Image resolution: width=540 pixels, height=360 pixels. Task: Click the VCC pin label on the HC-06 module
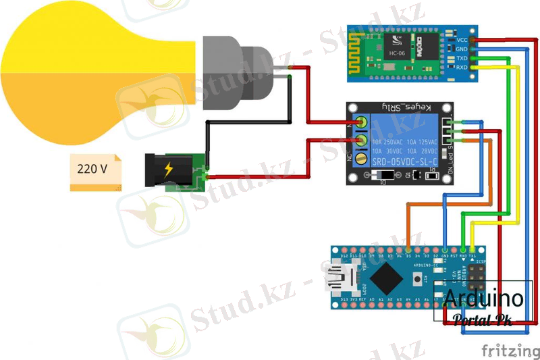tap(462, 40)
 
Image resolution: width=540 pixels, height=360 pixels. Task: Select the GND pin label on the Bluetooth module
tap(462, 49)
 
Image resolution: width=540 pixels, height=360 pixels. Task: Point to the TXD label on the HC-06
tap(462, 58)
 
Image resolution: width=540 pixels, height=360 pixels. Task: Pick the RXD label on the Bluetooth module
tap(462, 68)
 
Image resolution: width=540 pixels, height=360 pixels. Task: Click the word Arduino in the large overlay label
tap(483, 299)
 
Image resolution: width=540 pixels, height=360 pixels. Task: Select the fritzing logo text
tap(510, 350)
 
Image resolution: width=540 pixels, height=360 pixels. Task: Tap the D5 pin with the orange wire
tap(408, 249)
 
